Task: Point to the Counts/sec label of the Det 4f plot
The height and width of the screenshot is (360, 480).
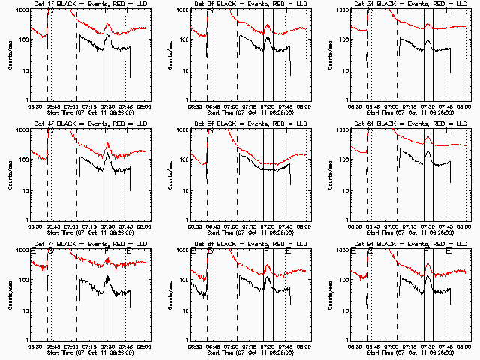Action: click(x=8, y=175)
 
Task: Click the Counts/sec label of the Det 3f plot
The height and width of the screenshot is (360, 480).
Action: click(x=329, y=55)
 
